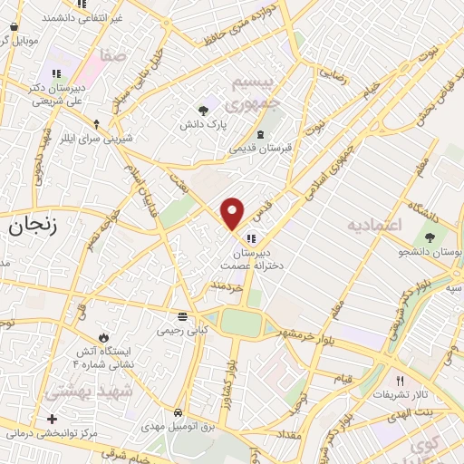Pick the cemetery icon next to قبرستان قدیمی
261,134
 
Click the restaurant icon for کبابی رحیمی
183,316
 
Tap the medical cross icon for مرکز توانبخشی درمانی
53,419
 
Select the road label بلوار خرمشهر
309,337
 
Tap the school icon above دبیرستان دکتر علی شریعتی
56,73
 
